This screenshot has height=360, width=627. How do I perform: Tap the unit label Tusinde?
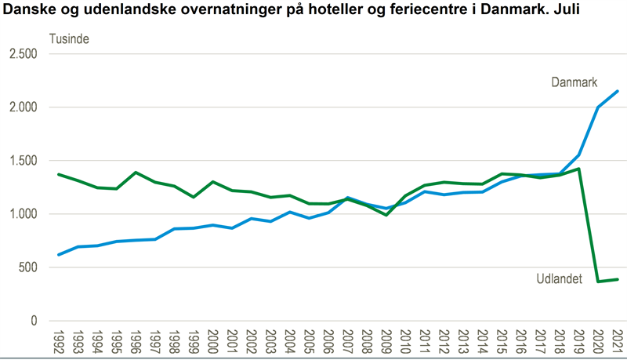[70, 38]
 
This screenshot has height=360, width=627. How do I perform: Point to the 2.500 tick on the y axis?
[24, 54]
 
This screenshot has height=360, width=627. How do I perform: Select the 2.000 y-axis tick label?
[24, 107]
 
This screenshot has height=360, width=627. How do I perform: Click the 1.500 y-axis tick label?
[24, 161]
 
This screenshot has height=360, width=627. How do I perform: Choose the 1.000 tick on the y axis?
[24, 214]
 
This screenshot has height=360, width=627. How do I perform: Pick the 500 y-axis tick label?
[28, 267]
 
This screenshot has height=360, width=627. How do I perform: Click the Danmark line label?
[574, 82]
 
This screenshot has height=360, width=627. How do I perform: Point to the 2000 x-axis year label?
[212, 341]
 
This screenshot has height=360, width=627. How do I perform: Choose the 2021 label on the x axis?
[618, 341]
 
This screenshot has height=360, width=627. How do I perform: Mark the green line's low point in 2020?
[599, 282]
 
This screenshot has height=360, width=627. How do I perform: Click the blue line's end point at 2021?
[618, 91]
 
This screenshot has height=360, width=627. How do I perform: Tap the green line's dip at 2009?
[386, 215]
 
